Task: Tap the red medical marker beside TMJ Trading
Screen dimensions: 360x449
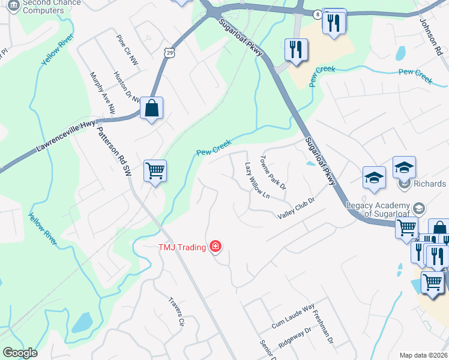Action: coord(215,247)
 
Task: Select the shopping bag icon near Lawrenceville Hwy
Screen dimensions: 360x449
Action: coord(152,109)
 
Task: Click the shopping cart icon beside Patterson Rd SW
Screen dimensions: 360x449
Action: coord(155,172)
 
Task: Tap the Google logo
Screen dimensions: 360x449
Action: coord(20,353)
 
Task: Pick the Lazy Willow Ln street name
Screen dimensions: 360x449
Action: coord(258,179)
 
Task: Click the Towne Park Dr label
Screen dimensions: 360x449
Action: coord(274,171)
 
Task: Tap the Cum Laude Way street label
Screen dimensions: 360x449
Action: coord(292,315)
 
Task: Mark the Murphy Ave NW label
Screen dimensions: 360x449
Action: coord(102,92)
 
